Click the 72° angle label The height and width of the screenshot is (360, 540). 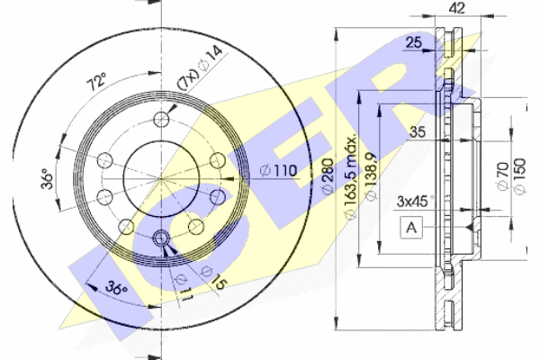coord(97,81)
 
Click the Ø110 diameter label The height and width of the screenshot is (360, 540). coord(279,170)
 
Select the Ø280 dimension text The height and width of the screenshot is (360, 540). coord(328,175)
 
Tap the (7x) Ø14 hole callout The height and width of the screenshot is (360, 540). coord(200,69)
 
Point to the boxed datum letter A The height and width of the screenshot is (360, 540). coord(411,228)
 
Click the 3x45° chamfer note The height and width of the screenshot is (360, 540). coord(416,202)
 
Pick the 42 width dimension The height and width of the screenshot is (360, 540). coord(457,8)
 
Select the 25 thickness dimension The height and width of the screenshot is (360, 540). coord(414,42)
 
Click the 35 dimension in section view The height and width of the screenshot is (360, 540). coord(418,132)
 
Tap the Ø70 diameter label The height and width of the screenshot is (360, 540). coord(502,175)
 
